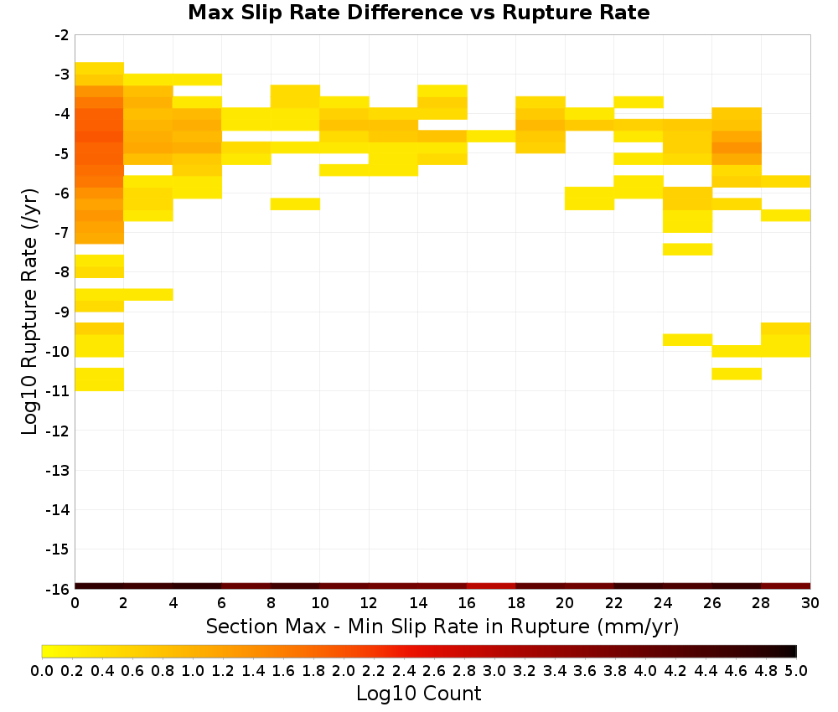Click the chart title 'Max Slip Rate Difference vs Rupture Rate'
(418, 13)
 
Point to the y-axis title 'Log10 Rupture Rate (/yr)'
(29, 312)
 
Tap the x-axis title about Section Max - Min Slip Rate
(442, 626)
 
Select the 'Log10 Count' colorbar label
(418, 694)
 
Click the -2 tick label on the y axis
(62, 35)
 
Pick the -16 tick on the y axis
(59, 589)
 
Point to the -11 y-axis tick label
(59, 391)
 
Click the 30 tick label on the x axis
(810, 603)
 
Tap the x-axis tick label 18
(515, 603)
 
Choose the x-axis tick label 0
(75, 603)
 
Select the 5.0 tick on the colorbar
(796, 670)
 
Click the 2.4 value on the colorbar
(404, 670)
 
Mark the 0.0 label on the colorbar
(42, 670)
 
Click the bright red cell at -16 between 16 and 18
(491, 586)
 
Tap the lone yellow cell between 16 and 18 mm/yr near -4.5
(491, 137)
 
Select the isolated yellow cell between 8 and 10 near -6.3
(295, 204)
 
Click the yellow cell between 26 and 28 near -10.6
(737, 374)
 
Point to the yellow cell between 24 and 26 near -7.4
(687, 249)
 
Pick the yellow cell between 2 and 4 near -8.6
(148, 294)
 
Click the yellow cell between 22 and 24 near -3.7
(638, 102)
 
